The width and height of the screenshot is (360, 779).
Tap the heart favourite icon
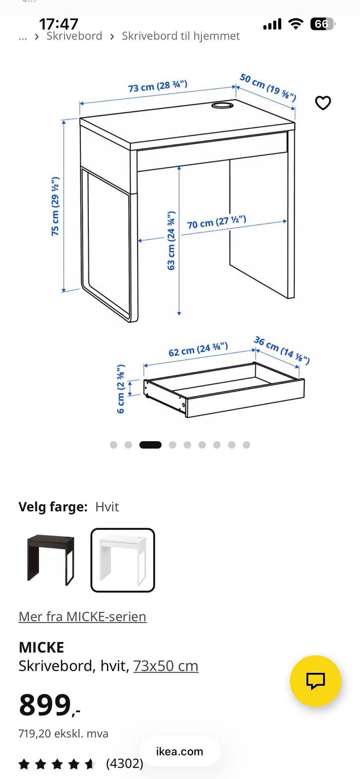click(x=323, y=103)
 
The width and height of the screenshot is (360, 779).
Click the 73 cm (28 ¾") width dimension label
click(x=157, y=86)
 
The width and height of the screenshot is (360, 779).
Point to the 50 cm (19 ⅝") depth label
click(x=268, y=87)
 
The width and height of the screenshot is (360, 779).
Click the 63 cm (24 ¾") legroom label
click(x=171, y=241)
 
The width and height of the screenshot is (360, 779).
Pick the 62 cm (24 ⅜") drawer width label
click(x=198, y=349)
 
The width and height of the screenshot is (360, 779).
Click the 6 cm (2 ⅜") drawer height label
click(x=120, y=389)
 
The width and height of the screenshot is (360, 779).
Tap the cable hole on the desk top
click(x=222, y=105)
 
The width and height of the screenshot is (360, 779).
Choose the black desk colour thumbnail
click(x=51, y=560)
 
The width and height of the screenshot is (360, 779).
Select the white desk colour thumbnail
click(x=123, y=560)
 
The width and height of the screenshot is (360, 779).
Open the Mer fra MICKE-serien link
click(x=82, y=617)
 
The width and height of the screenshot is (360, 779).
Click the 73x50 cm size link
click(x=166, y=666)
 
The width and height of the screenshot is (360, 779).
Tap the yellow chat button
click(x=315, y=681)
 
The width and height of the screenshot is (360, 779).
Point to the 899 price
click(x=49, y=705)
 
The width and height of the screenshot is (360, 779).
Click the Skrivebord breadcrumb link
click(x=74, y=36)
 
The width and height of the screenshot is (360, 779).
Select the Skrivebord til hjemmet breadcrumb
click(x=181, y=36)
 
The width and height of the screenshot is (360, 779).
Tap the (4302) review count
click(x=124, y=763)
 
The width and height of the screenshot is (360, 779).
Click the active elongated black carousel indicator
click(x=150, y=445)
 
